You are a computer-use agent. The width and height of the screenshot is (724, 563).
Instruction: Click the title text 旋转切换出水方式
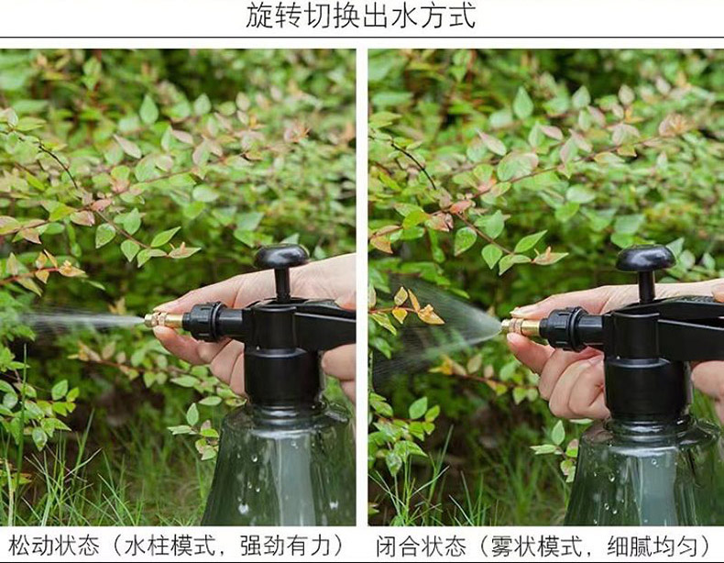click(360, 15)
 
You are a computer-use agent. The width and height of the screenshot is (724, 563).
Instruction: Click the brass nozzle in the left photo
click(163, 320)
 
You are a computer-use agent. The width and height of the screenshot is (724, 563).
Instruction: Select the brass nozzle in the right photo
click(521, 327)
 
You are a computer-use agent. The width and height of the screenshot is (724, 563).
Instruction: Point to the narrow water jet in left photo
click(81, 320)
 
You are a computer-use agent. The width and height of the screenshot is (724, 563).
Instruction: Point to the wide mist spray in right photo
click(439, 329)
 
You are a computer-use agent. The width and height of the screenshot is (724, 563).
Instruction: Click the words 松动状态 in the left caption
click(54, 546)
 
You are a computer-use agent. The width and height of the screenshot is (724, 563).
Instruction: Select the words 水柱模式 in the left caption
click(170, 546)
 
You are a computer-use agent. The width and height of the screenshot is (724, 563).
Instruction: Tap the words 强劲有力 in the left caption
click(286, 546)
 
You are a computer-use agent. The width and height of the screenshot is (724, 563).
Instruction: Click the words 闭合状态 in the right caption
click(421, 546)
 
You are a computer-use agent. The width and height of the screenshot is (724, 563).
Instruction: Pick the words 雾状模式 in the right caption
click(537, 546)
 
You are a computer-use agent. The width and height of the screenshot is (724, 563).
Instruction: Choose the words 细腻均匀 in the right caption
click(653, 546)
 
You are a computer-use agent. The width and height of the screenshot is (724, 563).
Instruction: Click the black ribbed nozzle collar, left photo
click(205, 322)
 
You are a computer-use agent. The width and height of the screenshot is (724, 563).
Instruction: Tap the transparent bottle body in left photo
click(280, 467)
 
